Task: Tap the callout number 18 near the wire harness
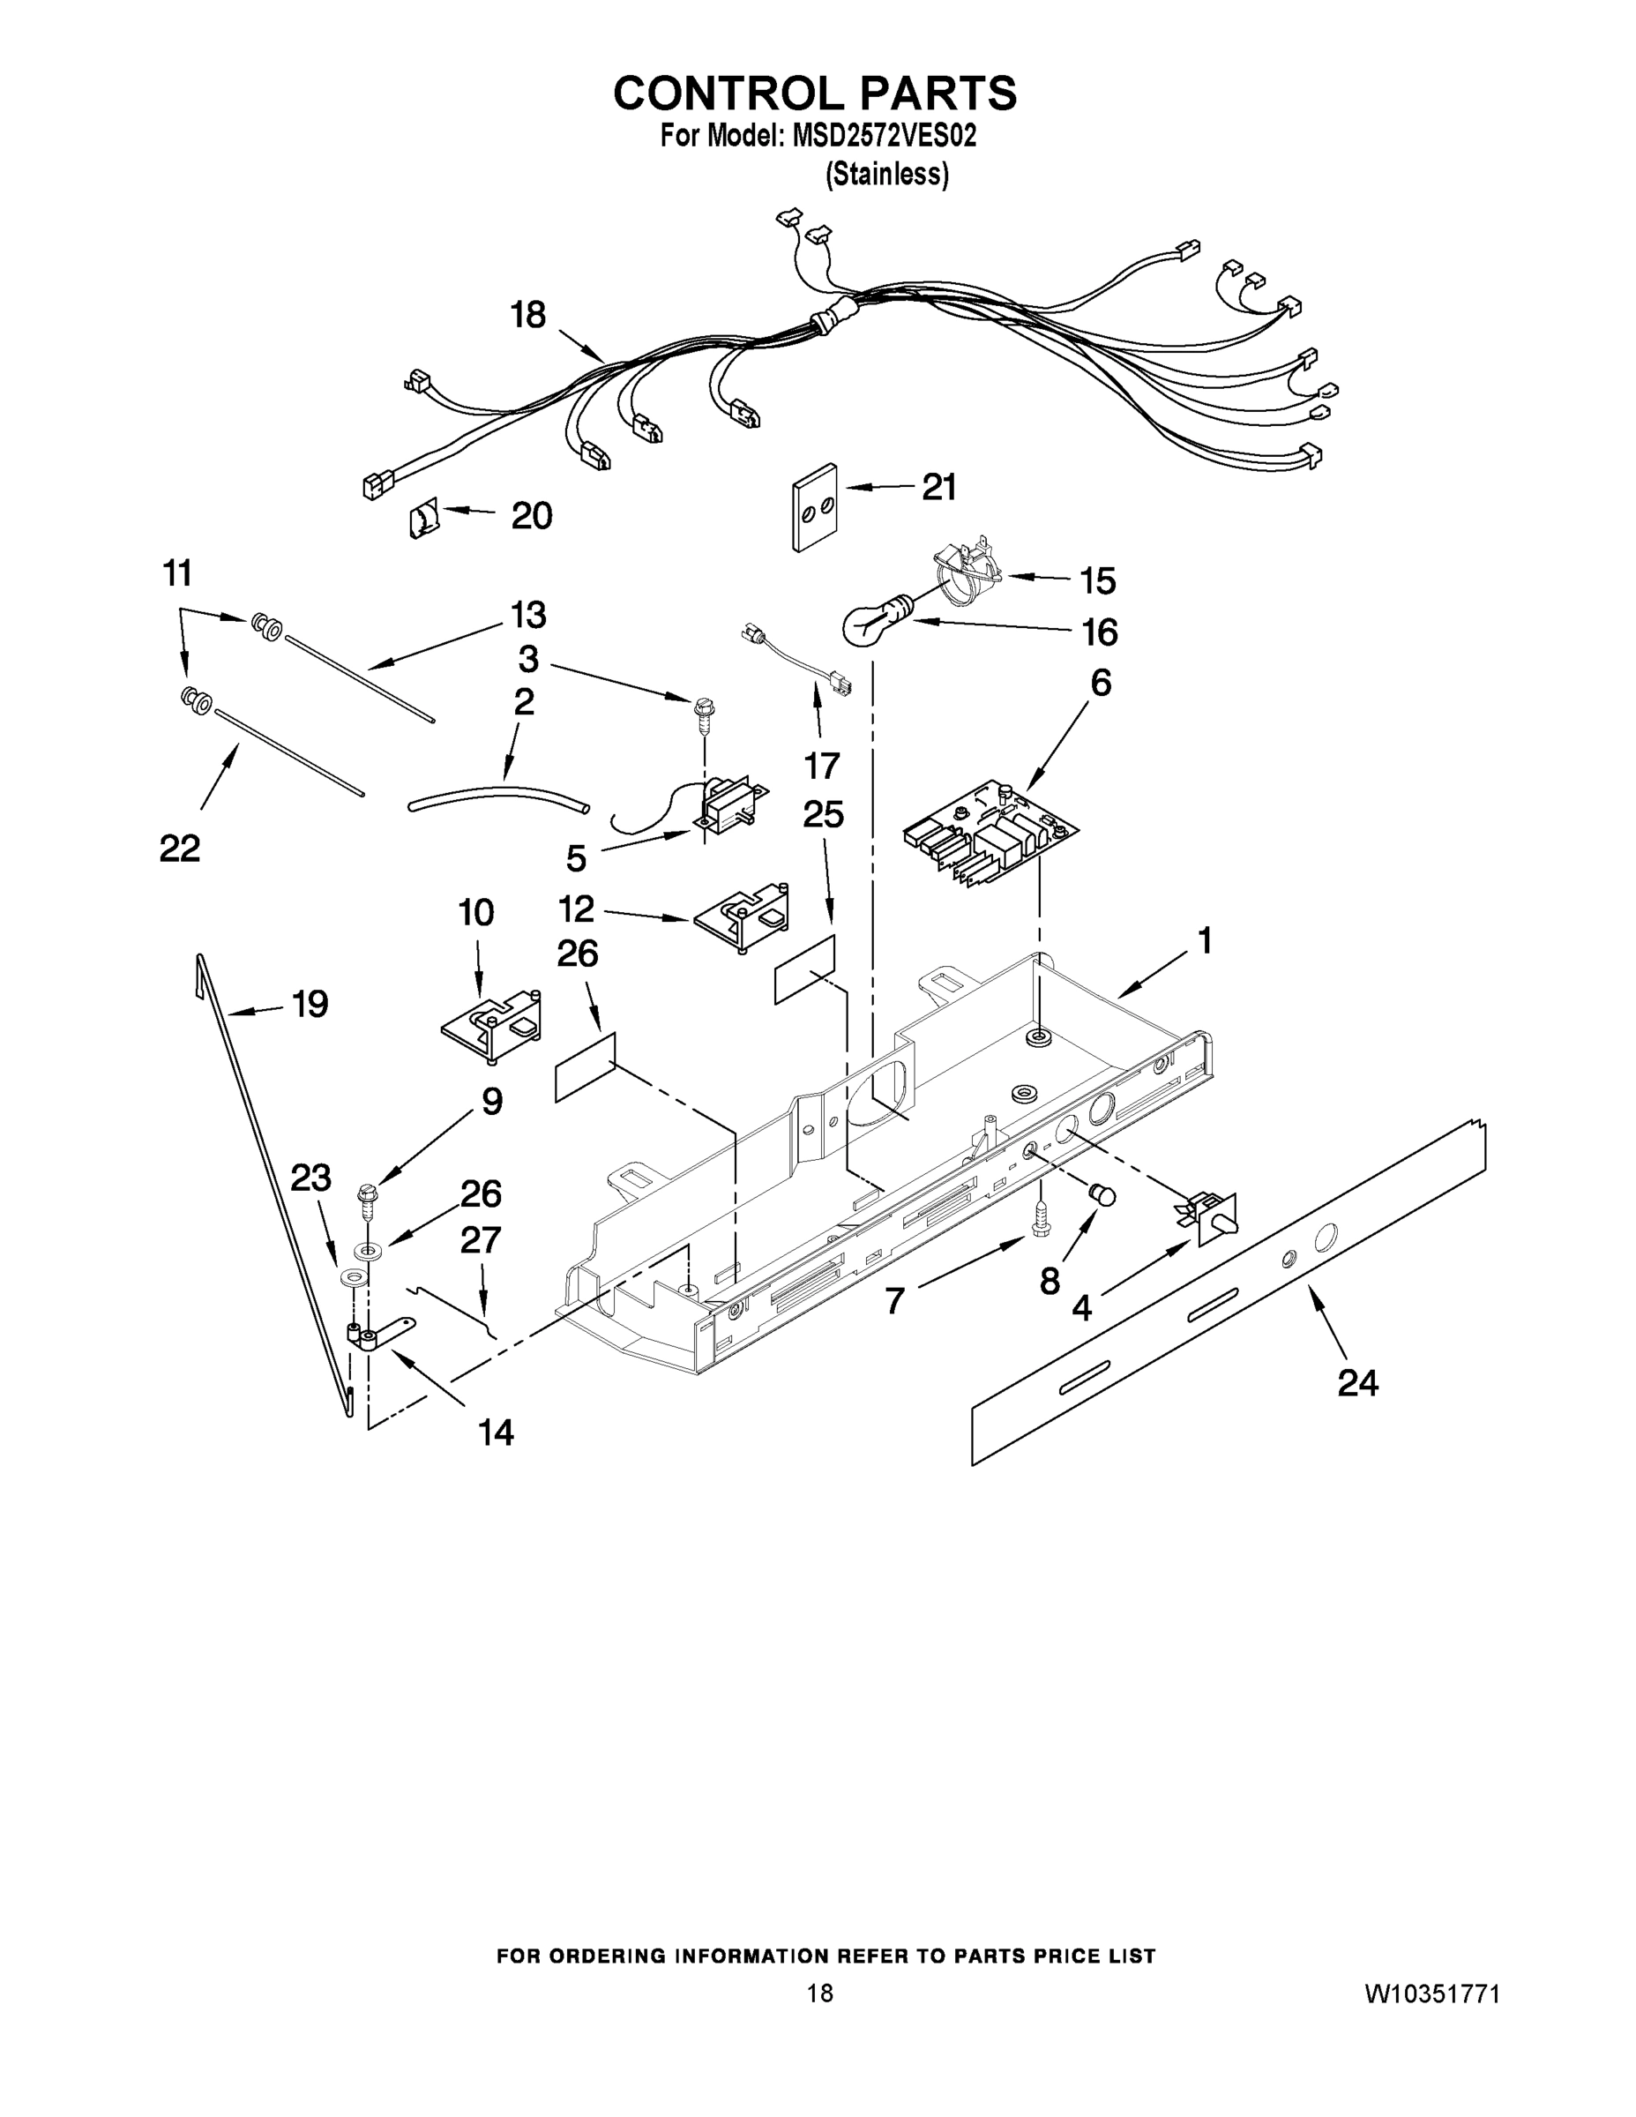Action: coord(528,315)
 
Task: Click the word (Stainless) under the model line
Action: coord(885,175)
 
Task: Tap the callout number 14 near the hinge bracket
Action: coord(497,1433)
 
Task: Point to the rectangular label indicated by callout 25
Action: coord(804,969)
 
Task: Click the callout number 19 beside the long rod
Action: coord(310,1004)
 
